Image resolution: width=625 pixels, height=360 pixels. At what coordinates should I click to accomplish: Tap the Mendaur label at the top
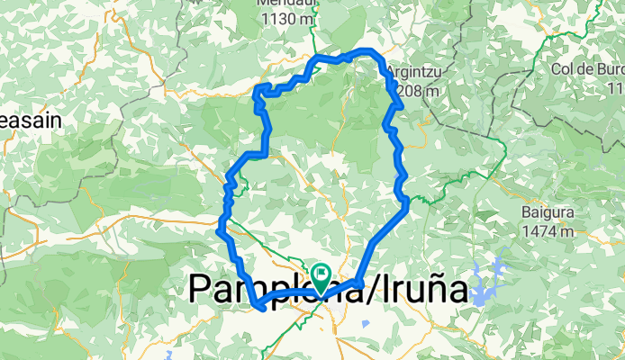(285, 4)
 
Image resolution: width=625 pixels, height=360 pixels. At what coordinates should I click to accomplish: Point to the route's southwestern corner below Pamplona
(259, 307)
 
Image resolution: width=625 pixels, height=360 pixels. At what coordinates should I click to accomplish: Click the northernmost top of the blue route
(365, 50)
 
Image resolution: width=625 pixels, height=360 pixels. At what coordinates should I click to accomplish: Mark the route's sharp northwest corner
(259, 87)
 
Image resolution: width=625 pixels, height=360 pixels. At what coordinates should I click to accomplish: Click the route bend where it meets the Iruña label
(359, 283)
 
